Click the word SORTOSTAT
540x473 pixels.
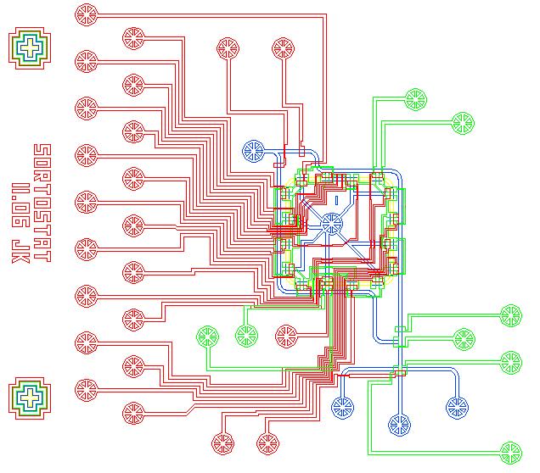(41, 203)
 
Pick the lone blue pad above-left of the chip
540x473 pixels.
(254, 152)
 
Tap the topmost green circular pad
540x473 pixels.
(415, 99)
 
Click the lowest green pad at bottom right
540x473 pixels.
(510, 452)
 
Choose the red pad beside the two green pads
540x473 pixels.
(286, 337)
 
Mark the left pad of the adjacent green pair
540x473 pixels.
(207, 337)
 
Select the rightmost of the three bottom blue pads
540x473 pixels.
(457, 408)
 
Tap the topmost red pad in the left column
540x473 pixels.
(87, 14)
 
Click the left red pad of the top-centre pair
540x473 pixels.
(228, 48)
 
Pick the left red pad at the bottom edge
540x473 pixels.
(222, 443)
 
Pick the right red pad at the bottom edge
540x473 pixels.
(268, 443)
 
